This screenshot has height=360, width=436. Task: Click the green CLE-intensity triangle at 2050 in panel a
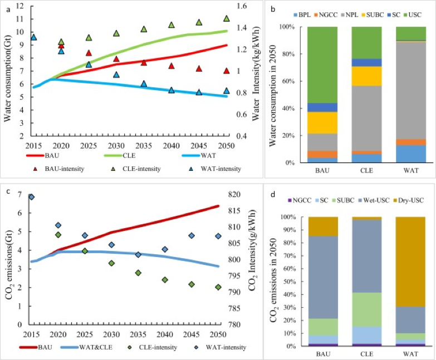(x=227, y=18)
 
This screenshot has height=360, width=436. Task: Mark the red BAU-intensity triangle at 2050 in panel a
(x=227, y=71)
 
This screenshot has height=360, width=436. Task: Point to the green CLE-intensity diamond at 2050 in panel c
(x=218, y=287)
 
